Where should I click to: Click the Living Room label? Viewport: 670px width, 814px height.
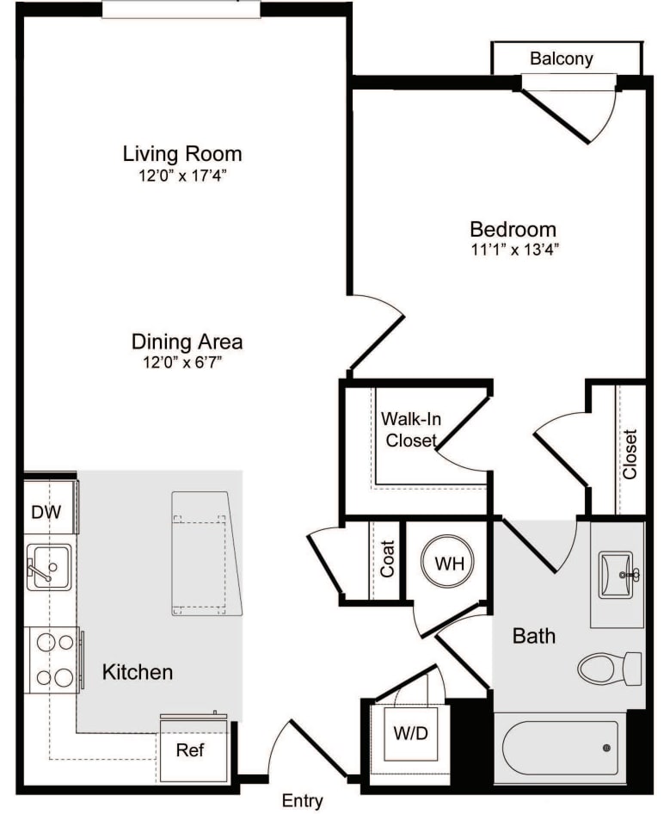click(182, 154)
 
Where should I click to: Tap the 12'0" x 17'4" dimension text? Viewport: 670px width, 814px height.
click(182, 176)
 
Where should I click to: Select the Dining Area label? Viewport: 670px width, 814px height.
click(187, 342)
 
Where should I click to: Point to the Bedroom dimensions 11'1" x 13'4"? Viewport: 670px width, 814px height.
click(513, 250)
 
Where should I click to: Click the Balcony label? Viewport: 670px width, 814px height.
click(562, 59)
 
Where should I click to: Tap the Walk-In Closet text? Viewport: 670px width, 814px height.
click(410, 429)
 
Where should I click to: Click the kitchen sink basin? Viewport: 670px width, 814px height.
click(49, 566)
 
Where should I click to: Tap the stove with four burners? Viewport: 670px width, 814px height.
click(53, 660)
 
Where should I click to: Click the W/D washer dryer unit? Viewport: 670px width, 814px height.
click(410, 733)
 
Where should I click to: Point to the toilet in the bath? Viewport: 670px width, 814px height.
click(609, 669)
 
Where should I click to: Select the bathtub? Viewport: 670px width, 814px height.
click(560, 748)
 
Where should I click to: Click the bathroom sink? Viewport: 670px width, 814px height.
click(617, 575)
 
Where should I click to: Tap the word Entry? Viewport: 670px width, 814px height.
click(302, 800)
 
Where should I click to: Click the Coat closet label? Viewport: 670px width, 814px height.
click(387, 558)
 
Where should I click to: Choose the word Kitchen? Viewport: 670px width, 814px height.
click(138, 672)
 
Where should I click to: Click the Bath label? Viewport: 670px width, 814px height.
click(534, 636)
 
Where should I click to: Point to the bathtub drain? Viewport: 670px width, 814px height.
click(606, 748)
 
